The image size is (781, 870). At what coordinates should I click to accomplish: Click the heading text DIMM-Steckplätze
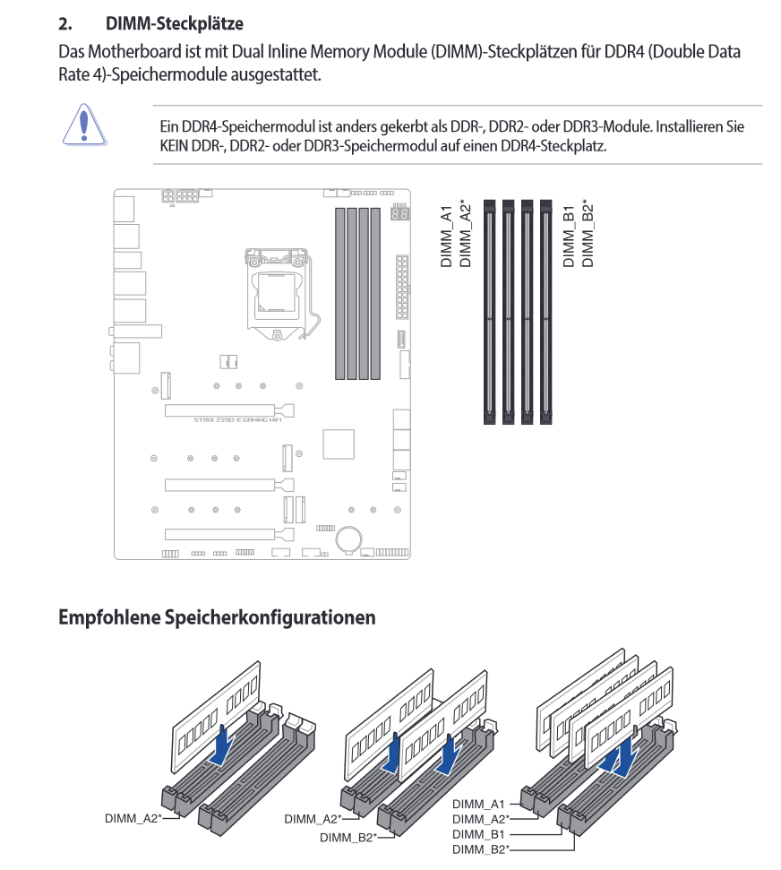[x=174, y=22]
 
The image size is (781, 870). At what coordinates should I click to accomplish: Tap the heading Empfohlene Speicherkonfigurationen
[x=217, y=617]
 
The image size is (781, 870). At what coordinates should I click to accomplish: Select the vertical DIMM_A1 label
[x=446, y=236]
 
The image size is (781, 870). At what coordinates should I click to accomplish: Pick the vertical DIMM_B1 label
[x=569, y=236]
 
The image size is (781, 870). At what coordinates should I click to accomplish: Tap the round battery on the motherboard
[x=348, y=535]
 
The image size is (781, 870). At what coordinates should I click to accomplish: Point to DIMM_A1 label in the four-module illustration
[x=479, y=805]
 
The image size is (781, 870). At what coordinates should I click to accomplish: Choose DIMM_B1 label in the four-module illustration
[x=479, y=833]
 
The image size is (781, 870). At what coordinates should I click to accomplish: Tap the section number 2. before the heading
[x=65, y=22]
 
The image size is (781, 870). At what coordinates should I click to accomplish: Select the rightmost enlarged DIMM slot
[x=545, y=311]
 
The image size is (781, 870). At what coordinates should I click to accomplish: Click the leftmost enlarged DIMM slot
[x=489, y=311]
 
